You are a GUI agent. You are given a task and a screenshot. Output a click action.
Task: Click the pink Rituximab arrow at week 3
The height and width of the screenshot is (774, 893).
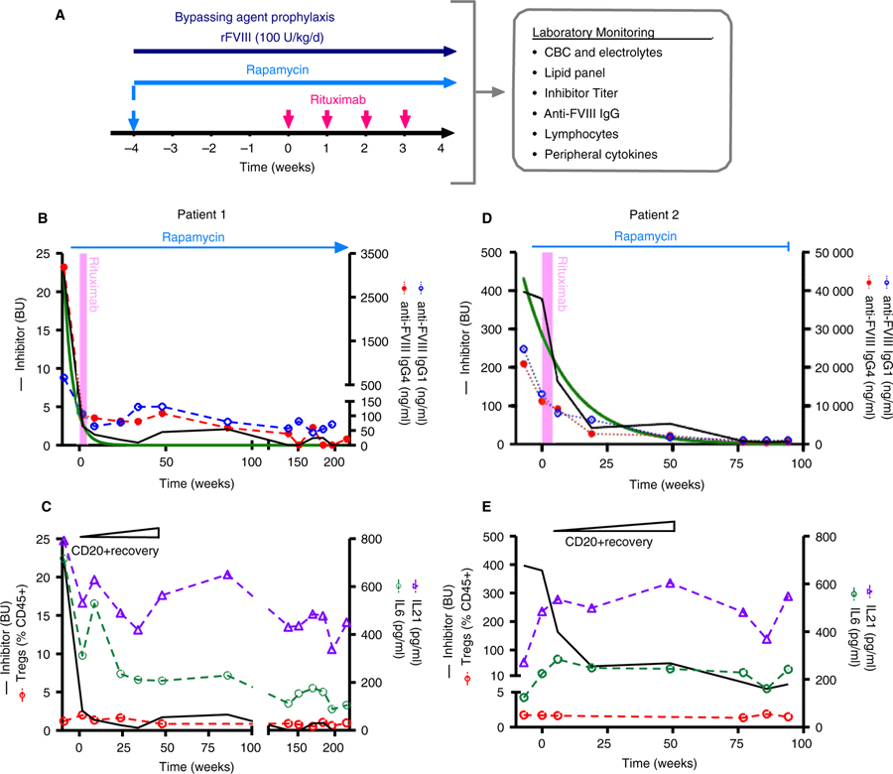point(405,117)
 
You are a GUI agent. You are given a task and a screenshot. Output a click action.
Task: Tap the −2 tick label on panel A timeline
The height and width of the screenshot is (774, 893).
point(209,149)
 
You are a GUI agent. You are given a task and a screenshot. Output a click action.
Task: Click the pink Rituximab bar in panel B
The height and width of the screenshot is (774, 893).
point(82,347)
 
